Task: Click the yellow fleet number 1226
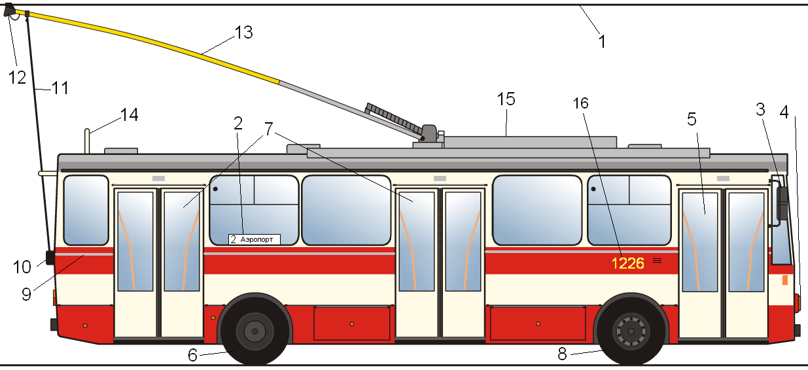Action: tap(627, 263)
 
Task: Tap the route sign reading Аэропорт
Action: tap(254, 239)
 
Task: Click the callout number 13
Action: tap(243, 32)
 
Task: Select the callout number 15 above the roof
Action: tap(506, 99)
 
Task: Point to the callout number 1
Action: tap(602, 42)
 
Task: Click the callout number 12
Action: tap(17, 77)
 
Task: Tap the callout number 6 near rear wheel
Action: tap(192, 355)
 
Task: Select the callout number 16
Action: tap(580, 103)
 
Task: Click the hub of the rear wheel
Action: tap(255, 331)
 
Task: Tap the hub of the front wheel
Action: tap(631, 331)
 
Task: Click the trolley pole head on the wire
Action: tap(10, 10)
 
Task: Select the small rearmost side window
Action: tap(86, 210)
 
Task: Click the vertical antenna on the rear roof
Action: tap(87, 141)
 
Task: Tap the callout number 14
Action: tap(129, 115)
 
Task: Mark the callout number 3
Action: tap(760, 109)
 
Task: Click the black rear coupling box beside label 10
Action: tap(50, 258)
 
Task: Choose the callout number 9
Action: tap(26, 294)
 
